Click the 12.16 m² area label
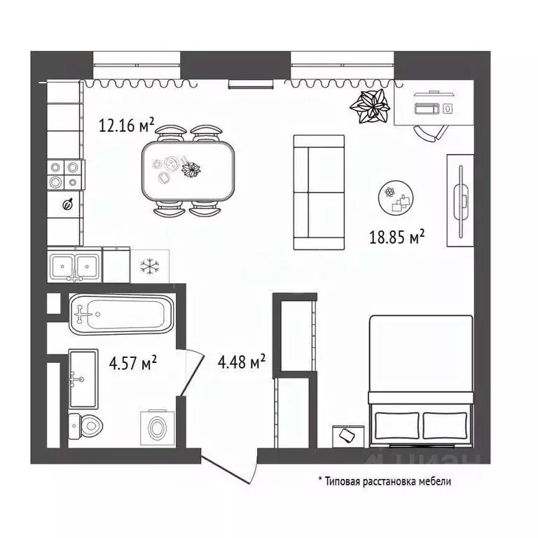point(126,126)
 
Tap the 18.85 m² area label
point(398,238)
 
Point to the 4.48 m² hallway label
point(241,361)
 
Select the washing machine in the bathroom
point(157,425)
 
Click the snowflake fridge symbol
point(148,266)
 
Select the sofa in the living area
point(319,193)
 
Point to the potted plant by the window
point(370,106)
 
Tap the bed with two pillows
point(421,382)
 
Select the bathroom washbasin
point(84,378)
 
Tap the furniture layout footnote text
point(386,481)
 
